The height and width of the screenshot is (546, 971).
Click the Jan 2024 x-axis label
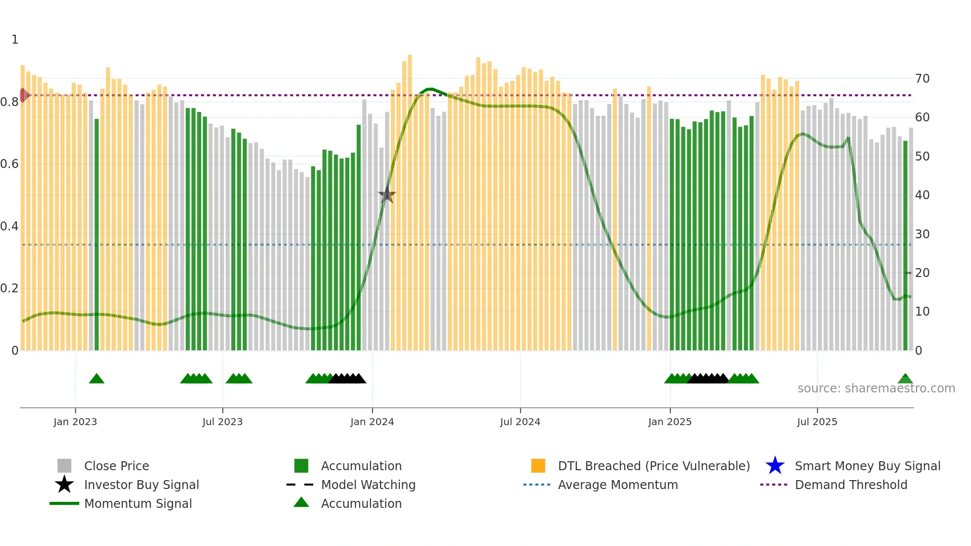coord(372,422)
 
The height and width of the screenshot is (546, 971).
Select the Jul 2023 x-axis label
coord(222,422)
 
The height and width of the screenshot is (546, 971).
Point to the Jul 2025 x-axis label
coord(817,422)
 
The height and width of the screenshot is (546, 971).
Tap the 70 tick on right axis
coord(922,79)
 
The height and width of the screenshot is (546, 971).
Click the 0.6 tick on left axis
coord(9,164)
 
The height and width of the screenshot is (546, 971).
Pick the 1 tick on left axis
coord(15,40)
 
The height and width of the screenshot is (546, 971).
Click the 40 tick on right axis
coord(922,195)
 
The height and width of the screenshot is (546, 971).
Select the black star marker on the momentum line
coord(386,195)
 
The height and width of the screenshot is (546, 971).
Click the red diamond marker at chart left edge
coord(23,95)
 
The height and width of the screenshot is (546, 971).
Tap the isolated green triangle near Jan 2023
coord(97,379)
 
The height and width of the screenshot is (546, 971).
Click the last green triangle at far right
coord(905,379)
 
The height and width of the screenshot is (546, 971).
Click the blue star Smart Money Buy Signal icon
coord(775,466)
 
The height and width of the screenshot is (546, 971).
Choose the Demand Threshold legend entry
coord(851,485)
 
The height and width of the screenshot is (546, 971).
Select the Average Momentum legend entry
coord(617,485)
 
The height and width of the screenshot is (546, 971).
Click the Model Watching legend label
coord(368,485)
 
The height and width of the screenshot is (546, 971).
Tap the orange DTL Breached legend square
coord(538,466)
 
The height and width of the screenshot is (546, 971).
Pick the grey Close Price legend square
coord(64,466)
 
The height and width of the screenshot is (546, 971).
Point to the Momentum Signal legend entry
coord(138,503)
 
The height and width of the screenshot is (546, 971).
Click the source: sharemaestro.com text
coord(876,388)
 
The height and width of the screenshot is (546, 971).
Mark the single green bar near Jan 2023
coord(97,233)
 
